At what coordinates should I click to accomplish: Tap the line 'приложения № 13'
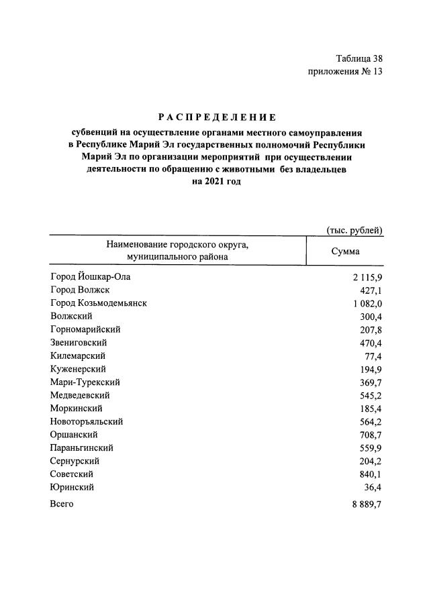(x=345, y=72)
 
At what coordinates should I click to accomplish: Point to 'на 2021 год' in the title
(x=215, y=181)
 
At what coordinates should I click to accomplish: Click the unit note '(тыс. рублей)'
(x=354, y=230)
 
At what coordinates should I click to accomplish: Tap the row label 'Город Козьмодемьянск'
(x=99, y=303)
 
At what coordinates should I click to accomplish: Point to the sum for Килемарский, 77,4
(x=371, y=356)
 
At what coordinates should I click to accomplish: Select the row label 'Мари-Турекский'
(x=85, y=382)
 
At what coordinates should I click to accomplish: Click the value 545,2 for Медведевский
(x=370, y=396)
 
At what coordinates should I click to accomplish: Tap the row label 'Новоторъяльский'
(x=87, y=421)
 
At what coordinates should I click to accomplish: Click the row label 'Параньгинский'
(x=81, y=447)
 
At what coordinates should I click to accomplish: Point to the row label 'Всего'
(x=62, y=504)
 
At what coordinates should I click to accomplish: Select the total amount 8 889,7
(x=367, y=504)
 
